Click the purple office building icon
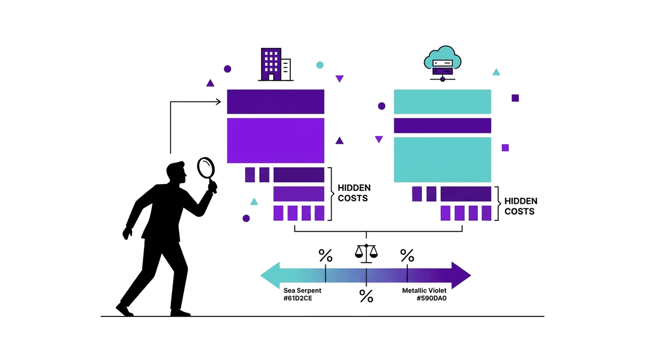[275, 64]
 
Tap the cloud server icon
[442, 63]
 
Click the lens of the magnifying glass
[206, 168]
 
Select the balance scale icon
[366, 254]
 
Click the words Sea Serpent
[302, 290]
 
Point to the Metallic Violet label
[424, 290]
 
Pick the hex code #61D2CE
[298, 298]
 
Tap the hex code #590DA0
[432, 298]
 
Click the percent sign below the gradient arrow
[366, 296]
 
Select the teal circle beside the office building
[320, 65]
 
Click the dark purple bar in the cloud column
[442, 126]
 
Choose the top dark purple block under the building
[276, 102]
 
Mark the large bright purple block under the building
[276, 140]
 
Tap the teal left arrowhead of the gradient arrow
[271, 276]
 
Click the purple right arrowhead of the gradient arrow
[461, 276]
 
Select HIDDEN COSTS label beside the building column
[354, 193]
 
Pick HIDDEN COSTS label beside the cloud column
[521, 206]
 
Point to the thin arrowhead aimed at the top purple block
[219, 102]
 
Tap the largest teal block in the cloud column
[442, 160]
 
